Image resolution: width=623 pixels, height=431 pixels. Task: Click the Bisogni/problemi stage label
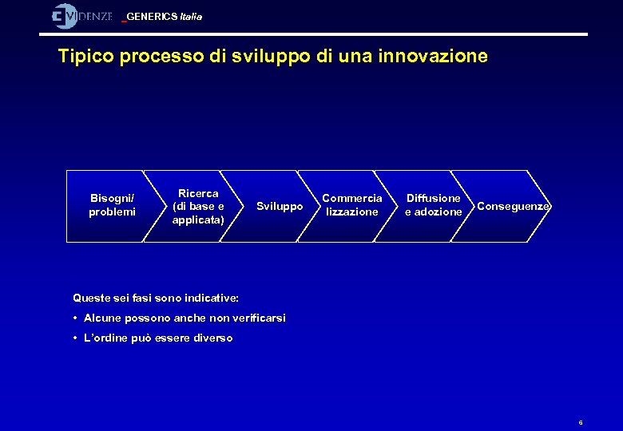(112, 205)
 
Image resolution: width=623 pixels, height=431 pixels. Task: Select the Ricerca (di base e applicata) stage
(198, 206)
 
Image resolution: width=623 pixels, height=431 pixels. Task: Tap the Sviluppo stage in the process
(280, 206)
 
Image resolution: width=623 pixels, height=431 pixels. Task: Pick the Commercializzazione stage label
(352, 205)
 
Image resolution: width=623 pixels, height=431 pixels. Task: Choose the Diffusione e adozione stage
(434, 205)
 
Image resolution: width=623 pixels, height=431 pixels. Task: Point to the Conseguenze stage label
(513, 206)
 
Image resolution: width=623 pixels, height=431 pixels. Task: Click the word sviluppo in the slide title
(268, 57)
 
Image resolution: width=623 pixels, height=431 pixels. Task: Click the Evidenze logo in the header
(81, 16)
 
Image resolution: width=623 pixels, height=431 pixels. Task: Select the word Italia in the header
(192, 17)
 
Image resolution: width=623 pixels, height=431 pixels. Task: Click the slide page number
(581, 422)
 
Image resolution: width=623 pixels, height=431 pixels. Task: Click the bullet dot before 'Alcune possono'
(75, 318)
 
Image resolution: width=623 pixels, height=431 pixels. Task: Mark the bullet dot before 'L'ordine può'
(75, 338)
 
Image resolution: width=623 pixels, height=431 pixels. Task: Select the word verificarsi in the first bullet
(258, 318)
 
